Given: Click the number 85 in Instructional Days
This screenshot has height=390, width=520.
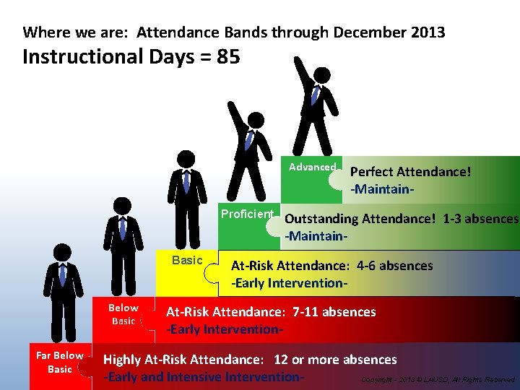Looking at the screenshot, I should point(226,56).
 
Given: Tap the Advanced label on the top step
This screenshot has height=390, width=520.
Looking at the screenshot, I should point(312,167).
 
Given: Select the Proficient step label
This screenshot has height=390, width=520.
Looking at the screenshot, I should point(247,214).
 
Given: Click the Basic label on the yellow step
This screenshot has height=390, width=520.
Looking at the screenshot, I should point(186,260).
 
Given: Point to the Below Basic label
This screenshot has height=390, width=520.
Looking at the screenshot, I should point(123,314).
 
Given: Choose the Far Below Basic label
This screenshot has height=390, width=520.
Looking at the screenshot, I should point(60,362).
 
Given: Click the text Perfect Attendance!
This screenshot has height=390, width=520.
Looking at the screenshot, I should point(410,172).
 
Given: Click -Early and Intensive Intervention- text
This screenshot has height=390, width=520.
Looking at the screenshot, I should point(203,377).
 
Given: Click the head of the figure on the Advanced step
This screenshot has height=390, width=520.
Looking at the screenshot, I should point(322,75).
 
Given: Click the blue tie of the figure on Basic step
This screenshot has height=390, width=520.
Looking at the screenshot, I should point(186,181).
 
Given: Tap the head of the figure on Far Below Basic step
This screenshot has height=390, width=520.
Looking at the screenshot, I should point(63,252).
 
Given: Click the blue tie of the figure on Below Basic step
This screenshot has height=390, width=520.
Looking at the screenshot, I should point(123,228).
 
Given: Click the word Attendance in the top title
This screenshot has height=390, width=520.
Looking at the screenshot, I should point(173,32).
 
